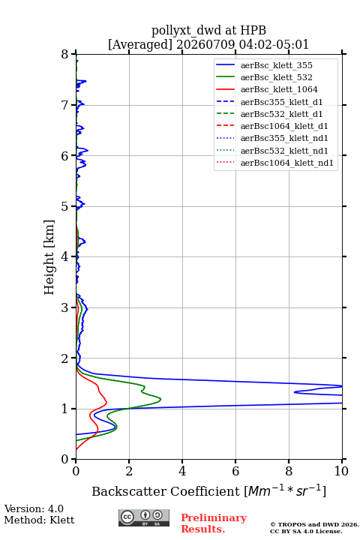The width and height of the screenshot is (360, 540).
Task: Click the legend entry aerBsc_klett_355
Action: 276,65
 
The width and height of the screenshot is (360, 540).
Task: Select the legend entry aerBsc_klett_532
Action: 276,77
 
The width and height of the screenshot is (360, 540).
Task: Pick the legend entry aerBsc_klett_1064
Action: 279,89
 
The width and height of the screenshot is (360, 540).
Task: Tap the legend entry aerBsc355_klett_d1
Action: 281,102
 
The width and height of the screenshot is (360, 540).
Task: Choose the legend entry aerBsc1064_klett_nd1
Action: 287,163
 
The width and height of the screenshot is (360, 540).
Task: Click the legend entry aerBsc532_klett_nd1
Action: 284,151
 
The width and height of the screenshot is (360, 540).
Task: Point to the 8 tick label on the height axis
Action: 65,55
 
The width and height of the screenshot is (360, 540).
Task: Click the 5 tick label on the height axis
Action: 65,207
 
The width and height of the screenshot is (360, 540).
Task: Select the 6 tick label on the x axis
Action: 235,471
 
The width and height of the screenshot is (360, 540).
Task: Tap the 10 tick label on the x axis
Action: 341,471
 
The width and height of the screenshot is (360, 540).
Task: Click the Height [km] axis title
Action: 49,257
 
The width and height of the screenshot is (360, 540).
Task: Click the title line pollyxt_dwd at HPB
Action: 208,30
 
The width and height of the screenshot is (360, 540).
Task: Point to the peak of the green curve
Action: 161,400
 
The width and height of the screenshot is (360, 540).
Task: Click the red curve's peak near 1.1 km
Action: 106,402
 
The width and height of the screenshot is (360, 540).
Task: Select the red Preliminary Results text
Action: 214,523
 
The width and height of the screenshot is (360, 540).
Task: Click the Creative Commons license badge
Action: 144,517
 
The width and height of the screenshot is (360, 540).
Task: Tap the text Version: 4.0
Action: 34,508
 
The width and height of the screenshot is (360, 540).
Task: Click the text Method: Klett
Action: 39,520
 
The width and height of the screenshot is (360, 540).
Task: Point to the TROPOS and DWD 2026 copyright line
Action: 314,524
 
